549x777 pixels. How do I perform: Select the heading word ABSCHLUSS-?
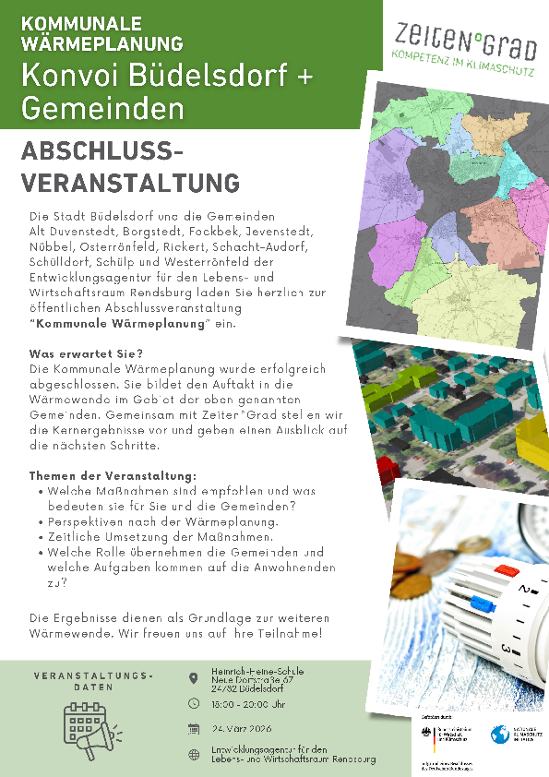102,152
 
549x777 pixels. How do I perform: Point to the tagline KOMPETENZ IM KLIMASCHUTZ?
457,56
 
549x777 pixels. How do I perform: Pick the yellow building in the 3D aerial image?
532,447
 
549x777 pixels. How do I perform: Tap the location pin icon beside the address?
193,678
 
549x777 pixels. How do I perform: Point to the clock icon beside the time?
193,703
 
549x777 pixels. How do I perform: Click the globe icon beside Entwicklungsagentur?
193,754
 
